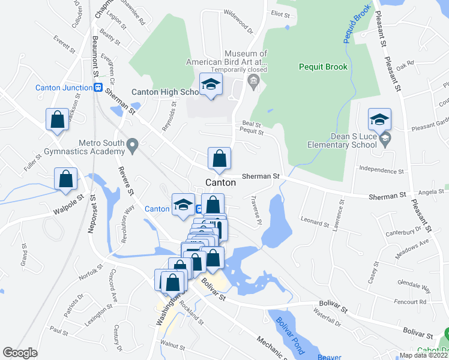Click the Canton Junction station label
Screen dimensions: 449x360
(63, 88)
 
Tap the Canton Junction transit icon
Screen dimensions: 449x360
(97, 88)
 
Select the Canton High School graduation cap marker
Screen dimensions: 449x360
(211, 86)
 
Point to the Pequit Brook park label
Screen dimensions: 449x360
(323, 67)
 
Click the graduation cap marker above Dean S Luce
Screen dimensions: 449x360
(380, 119)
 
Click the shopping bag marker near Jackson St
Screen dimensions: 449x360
(58, 119)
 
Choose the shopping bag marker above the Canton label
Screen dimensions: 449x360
(220, 159)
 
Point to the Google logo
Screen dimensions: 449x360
(20, 353)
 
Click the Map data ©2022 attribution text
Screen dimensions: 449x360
(423, 355)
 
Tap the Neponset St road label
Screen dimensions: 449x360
(93, 210)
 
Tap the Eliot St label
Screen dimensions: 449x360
(280, 13)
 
